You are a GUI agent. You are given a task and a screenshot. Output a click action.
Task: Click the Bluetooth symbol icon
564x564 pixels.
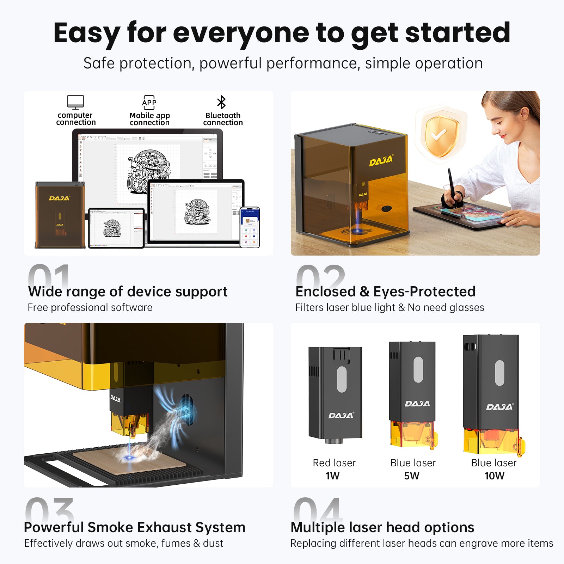(221, 102)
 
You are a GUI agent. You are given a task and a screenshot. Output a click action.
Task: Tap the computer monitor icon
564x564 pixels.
(75, 102)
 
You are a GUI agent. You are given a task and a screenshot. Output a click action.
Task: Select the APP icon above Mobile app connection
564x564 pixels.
(149, 102)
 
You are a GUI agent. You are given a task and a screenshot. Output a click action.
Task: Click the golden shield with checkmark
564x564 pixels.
(441, 136)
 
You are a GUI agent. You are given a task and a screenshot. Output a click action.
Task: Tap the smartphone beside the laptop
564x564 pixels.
(250, 227)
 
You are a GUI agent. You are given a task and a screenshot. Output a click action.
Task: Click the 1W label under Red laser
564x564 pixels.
(332, 476)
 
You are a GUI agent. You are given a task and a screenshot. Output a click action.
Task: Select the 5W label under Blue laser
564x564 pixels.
(412, 476)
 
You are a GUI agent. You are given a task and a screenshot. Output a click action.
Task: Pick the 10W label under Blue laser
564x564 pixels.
(494, 476)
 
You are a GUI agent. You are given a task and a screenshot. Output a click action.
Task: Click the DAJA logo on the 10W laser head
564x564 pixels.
(499, 407)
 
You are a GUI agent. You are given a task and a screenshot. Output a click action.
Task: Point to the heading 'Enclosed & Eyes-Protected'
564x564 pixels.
(385, 292)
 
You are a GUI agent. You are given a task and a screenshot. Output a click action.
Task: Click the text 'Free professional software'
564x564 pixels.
(90, 307)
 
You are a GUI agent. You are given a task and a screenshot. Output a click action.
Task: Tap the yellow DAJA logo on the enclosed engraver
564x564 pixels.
(381, 161)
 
